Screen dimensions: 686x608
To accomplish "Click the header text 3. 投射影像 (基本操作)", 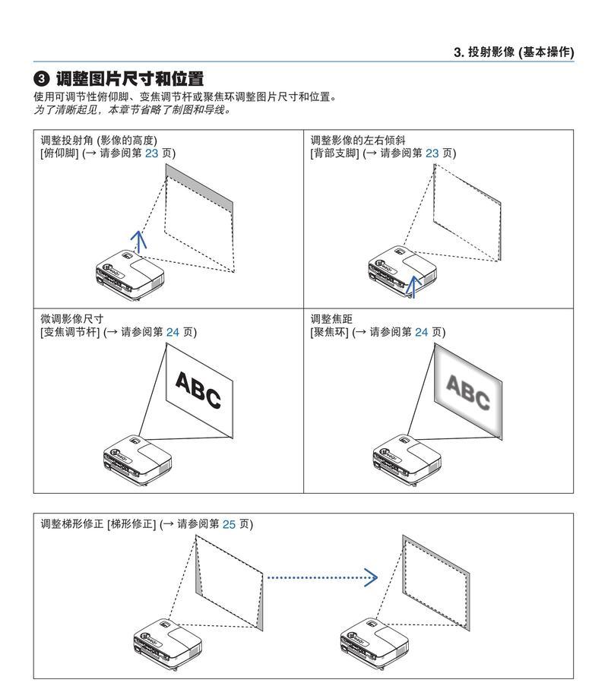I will [513, 52].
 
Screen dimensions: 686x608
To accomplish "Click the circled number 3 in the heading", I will [42, 79].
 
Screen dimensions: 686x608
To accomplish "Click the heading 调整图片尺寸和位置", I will [129, 79].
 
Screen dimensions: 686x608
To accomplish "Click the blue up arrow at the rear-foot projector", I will [413, 285].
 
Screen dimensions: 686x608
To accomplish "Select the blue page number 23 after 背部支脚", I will [432, 153].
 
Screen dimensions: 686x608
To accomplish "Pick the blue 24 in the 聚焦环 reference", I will [422, 332].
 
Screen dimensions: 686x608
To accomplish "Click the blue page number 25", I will [229, 524].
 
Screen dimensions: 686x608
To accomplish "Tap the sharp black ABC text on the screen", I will [198, 390].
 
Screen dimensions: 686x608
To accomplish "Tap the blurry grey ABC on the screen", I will [467, 392].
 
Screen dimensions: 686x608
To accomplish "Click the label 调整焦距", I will [331, 319].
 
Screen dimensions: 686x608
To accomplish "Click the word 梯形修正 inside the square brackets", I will [132, 524].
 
